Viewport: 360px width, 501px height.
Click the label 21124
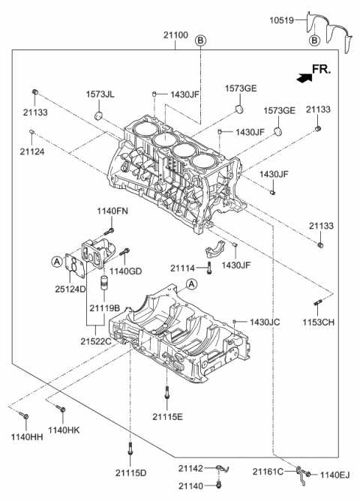(x=32, y=151)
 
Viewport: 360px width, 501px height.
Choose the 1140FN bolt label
(x=112, y=212)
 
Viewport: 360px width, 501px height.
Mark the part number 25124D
(x=70, y=289)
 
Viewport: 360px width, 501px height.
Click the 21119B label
(x=106, y=307)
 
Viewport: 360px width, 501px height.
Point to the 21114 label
(x=184, y=268)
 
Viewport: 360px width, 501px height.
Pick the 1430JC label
(x=265, y=322)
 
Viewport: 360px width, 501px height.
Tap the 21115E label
(x=168, y=417)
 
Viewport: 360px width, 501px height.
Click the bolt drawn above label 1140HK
(x=61, y=409)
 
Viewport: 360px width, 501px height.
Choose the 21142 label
(x=190, y=468)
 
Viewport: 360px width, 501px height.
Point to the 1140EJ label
(x=335, y=474)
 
